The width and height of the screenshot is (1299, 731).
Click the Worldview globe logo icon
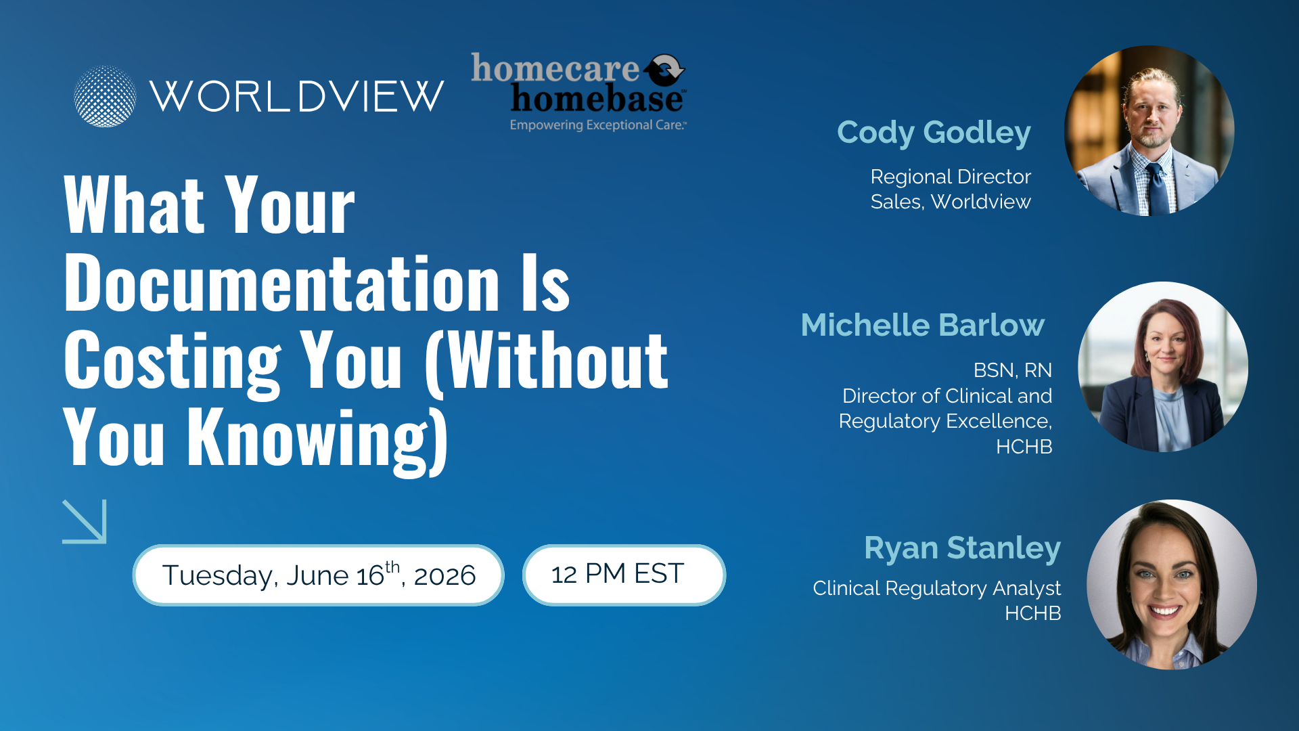(x=105, y=96)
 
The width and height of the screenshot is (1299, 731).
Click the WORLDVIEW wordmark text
(x=296, y=96)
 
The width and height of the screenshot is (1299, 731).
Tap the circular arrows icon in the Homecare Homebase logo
(x=664, y=69)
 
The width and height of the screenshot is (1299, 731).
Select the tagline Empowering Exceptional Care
(x=598, y=125)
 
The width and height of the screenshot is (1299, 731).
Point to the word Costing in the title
(x=172, y=362)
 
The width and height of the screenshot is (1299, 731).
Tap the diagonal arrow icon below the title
(x=85, y=521)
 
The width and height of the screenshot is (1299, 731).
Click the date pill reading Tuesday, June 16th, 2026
(x=318, y=575)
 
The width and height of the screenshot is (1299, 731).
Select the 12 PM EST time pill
(x=623, y=575)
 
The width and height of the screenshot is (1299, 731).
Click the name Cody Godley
(x=934, y=132)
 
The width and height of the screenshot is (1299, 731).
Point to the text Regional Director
(x=950, y=177)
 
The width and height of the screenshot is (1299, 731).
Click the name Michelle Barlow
(x=922, y=325)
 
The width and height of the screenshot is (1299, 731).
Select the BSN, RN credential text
(x=1012, y=370)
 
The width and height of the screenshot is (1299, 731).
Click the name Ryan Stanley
(x=962, y=548)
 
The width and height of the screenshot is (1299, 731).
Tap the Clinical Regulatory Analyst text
(x=936, y=588)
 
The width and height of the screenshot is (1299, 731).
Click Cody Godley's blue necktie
(x=1158, y=190)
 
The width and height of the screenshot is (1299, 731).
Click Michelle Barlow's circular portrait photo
(x=1162, y=367)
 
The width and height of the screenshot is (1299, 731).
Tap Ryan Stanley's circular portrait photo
(x=1171, y=585)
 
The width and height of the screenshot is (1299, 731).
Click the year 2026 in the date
(x=445, y=576)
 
